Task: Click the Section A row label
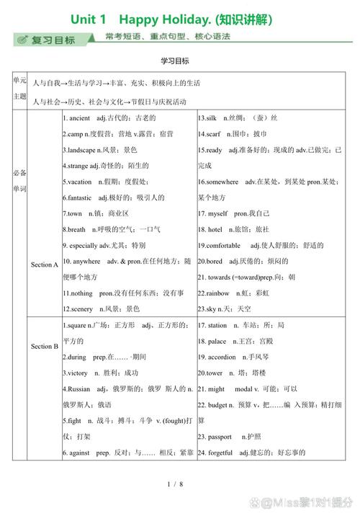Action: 45,264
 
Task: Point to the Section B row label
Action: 45,346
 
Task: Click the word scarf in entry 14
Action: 215,133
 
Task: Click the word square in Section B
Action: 76,326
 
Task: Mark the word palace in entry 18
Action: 217,341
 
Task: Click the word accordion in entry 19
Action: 222,357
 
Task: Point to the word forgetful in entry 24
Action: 221,452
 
